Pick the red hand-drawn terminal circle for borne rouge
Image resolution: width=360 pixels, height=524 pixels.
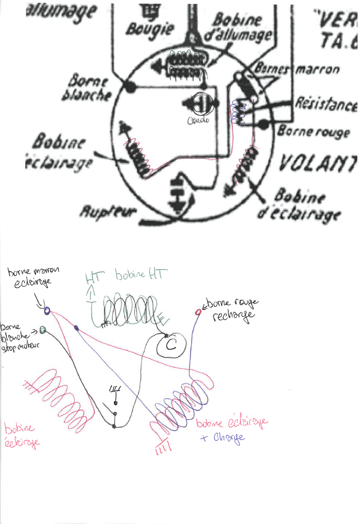(x=199, y=312)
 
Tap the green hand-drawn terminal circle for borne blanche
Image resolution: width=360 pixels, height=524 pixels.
(x=43, y=329)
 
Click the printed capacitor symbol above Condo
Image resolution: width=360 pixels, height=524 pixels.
(x=200, y=105)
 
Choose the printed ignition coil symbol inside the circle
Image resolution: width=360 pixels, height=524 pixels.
(x=187, y=64)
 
